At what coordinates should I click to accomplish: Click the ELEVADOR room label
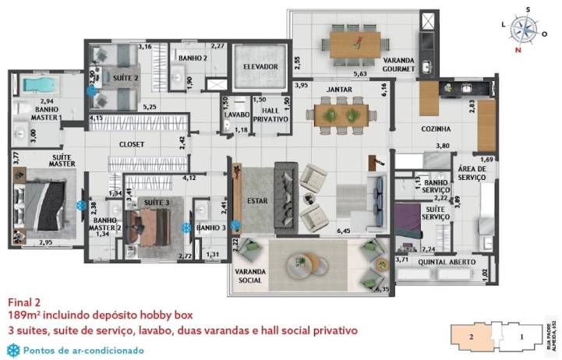260,67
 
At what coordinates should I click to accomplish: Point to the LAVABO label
235,115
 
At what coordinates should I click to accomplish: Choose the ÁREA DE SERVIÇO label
472,173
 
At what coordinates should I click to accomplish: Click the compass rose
528,30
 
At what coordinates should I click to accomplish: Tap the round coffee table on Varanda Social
300,263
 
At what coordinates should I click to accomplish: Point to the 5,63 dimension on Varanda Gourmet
359,74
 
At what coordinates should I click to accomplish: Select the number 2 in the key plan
472,337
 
